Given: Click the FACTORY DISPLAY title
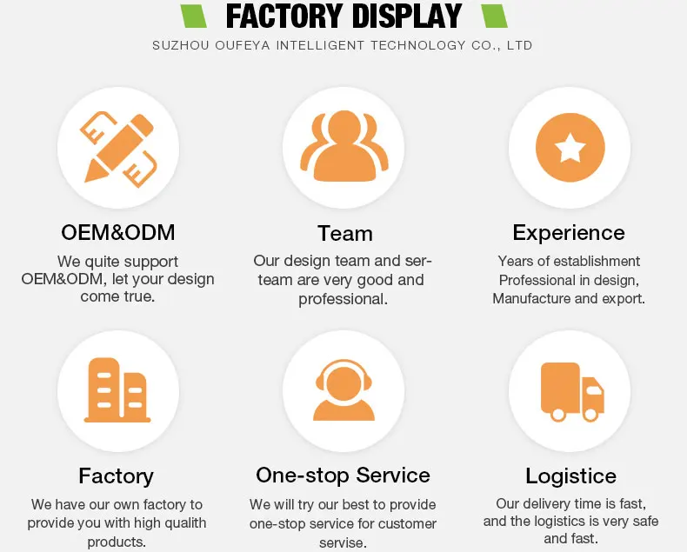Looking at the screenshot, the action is pyautogui.click(x=343, y=17).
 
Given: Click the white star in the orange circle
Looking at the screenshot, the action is pyautogui.click(x=570, y=149).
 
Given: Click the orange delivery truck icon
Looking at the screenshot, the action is pyautogui.click(x=570, y=391).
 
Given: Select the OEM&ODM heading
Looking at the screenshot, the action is pyautogui.click(x=118, y=233).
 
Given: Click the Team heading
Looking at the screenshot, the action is pyautogui.click(x=344, y=234).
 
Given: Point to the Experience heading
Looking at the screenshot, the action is pyautogui.click(x=569, y=233).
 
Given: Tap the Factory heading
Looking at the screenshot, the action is pyautogui.click(x=116, y=476).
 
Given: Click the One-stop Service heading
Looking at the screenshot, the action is pyautogui.click(x=343, y=476).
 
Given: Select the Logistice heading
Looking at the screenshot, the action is pyautogui.click(x=570, y=476).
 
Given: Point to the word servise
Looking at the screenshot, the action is pyautogui.click(x=343, y=542).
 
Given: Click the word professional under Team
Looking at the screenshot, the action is pyautogui.click(x=343, y=299).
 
